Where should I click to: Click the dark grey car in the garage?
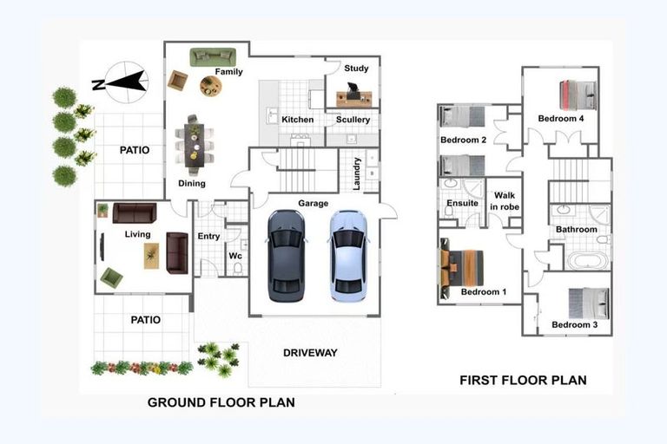pyautogui.click(x=287, y=256)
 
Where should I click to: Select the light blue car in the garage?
pyautogui.click(x=348, y=256)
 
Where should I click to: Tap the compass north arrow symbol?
pyautogui.click(x=123, y=82)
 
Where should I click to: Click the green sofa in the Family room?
pyautogui.click(x=213, y=57)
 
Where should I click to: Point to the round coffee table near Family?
pyautogui.click(x=210, y=86)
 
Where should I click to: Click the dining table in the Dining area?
pyautogui.click(x=194, y=146)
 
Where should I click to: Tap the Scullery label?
pyautogui.click(x=353, y=120)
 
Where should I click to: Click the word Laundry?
pyautogui.click(x=356, y=173)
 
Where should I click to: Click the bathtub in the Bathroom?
pyautogui.click(x=588, y=260)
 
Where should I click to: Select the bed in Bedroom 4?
pyautogui.click(x=578, y=95)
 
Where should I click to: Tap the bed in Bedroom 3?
pyautogui.click(x=589, y=303)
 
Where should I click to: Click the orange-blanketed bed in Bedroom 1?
pyautogui.click(x=462, y=269)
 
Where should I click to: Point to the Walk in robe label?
pyautogui.click(x=505, y=201)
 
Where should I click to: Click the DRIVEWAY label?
pyautogui.click(x=310, y=353)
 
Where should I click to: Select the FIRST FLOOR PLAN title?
pyautogui.click(x=523, y=380)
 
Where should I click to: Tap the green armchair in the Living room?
pyautogui.click(x=111, y=277)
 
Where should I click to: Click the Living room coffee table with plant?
pyautogui.click(x=151, y=256)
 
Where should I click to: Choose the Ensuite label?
pyautogui.click(x=462, y=203)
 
